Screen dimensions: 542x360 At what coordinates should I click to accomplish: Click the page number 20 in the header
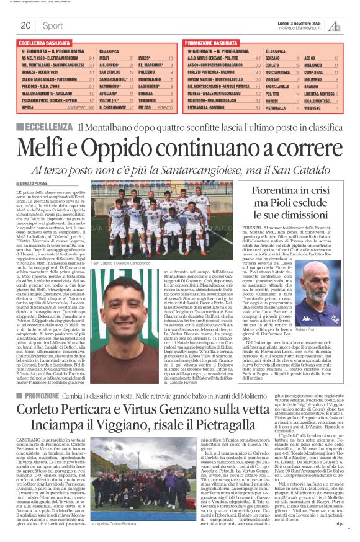click(25, 25)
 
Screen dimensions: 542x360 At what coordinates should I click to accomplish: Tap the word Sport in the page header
click(53, 25)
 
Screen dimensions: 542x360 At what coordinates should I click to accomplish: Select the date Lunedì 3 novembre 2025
click(299, 22)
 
